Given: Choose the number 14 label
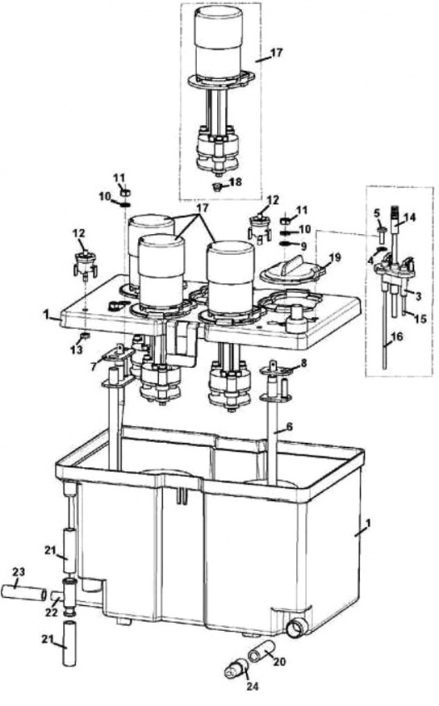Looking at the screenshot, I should (x=410, y=219).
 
